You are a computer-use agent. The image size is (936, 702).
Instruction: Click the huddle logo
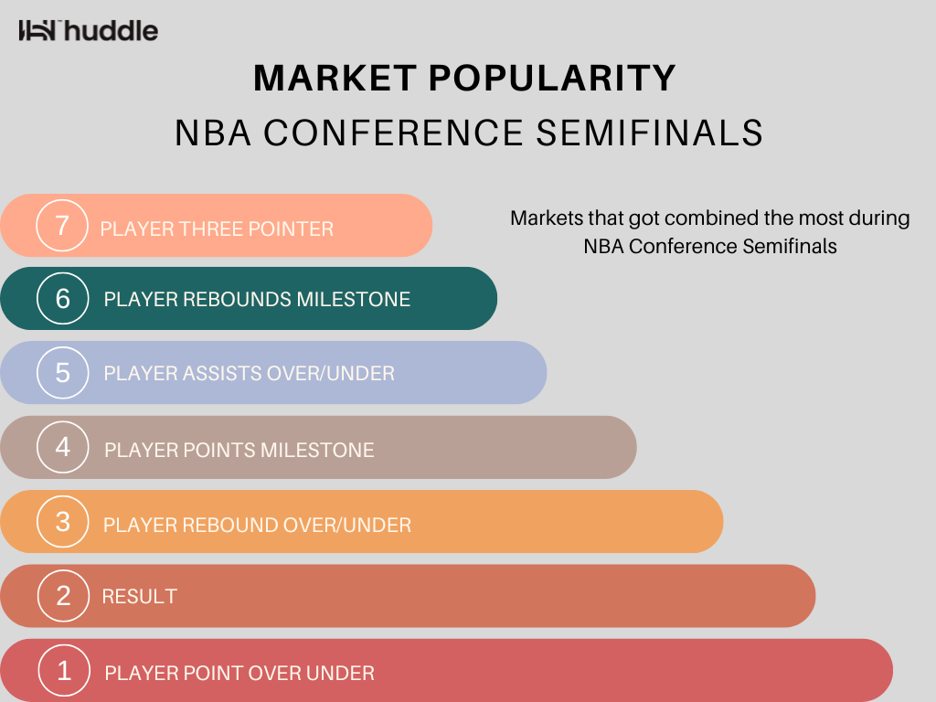pos(89,30)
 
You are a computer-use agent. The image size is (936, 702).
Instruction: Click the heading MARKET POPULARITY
pos(465,79)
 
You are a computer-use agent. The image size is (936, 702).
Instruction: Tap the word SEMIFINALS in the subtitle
pos(650,133)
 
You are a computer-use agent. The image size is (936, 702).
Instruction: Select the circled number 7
pos(62,226)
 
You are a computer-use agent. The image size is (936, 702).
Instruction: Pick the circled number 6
pos(63,299)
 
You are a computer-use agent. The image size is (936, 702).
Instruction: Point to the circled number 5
pos(63,373)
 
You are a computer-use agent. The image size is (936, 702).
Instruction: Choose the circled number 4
pos(63,446)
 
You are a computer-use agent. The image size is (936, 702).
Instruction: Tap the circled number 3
pos(63,521)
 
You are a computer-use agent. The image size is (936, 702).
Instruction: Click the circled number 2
pos(63,596)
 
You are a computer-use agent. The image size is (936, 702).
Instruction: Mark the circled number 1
pos(64,670)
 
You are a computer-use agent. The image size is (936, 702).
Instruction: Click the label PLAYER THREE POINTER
pos(217,229)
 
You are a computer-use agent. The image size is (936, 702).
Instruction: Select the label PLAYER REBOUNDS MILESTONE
pos(257,299)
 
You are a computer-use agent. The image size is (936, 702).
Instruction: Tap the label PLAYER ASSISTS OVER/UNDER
pos(250,374)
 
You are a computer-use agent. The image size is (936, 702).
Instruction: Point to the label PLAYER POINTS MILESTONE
pos(239,450)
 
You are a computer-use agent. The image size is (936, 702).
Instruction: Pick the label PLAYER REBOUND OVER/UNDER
pos(257,526)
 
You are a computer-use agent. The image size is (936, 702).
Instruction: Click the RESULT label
pos(140,596)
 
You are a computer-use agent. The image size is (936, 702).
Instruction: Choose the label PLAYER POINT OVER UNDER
pos(240,674)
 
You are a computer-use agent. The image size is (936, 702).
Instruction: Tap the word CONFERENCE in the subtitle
pos(394,133)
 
